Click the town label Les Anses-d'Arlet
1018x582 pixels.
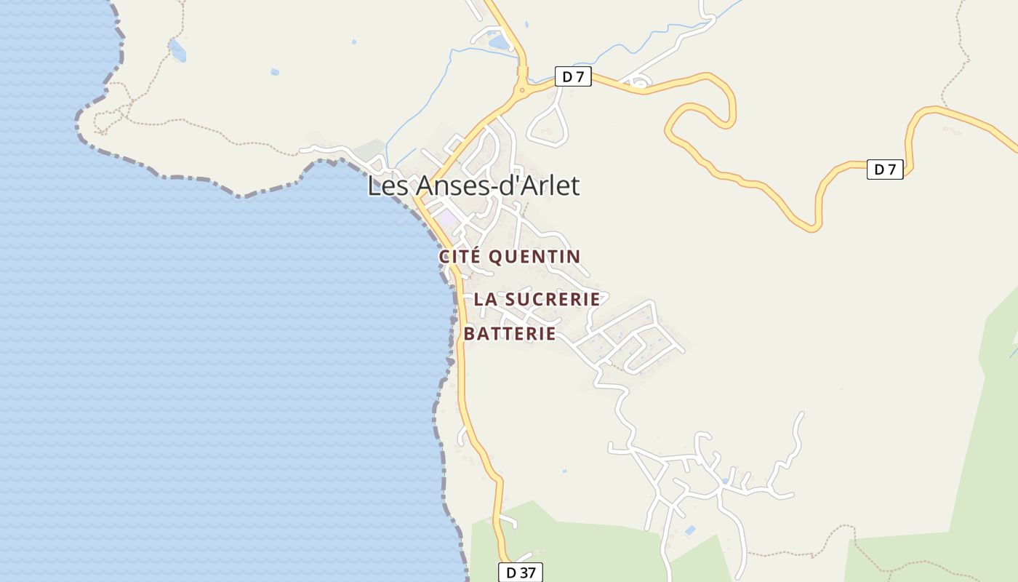[x=473, y=186]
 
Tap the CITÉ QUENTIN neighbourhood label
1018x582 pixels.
[x=510, y=257]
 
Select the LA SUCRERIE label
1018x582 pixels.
[x=537, y=299]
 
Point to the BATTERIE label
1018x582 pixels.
[x=510, y=334]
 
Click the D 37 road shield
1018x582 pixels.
[x=521, y=573]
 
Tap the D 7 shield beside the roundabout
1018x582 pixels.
[x=573, y=76]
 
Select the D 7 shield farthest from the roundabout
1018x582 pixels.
[x=885, y=170]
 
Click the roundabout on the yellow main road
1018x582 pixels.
[x=521, y=90]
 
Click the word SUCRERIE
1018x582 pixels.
[x=552, y=299]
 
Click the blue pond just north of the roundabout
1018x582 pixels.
[x=499, y=43]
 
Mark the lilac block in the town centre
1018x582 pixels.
[x=446, y=218]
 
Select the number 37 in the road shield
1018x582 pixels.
[x=527, y=573]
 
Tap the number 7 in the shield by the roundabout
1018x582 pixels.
[x=580, y=76]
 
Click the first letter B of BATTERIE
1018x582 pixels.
[x=470, y=334]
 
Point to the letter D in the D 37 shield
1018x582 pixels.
[x=511, y=573]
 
